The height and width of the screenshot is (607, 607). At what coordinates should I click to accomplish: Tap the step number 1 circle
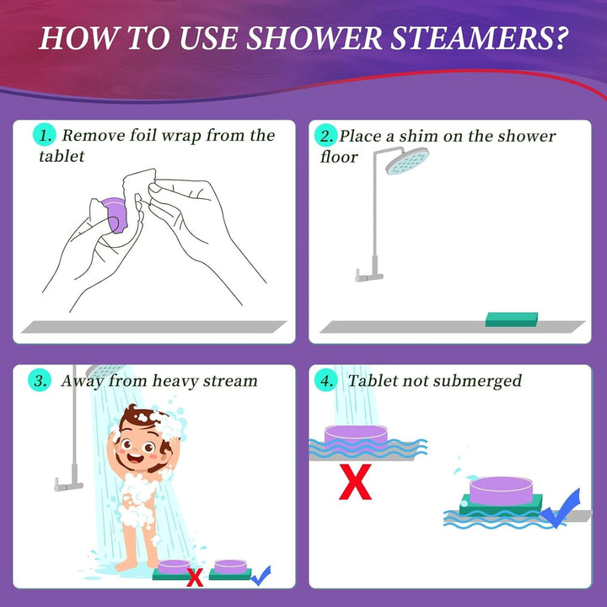coord(45,136)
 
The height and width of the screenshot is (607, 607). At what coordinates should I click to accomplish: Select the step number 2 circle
coord(325,136)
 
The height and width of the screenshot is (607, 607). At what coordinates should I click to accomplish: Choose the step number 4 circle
coord(325,381)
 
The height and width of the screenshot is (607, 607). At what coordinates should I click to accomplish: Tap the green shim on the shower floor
coord(512,319)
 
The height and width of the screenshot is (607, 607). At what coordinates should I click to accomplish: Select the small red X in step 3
coord(195,577)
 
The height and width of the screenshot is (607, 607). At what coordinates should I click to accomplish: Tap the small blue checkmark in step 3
coord(261,576)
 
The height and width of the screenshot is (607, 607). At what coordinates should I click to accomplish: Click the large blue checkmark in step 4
coord(562,509)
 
